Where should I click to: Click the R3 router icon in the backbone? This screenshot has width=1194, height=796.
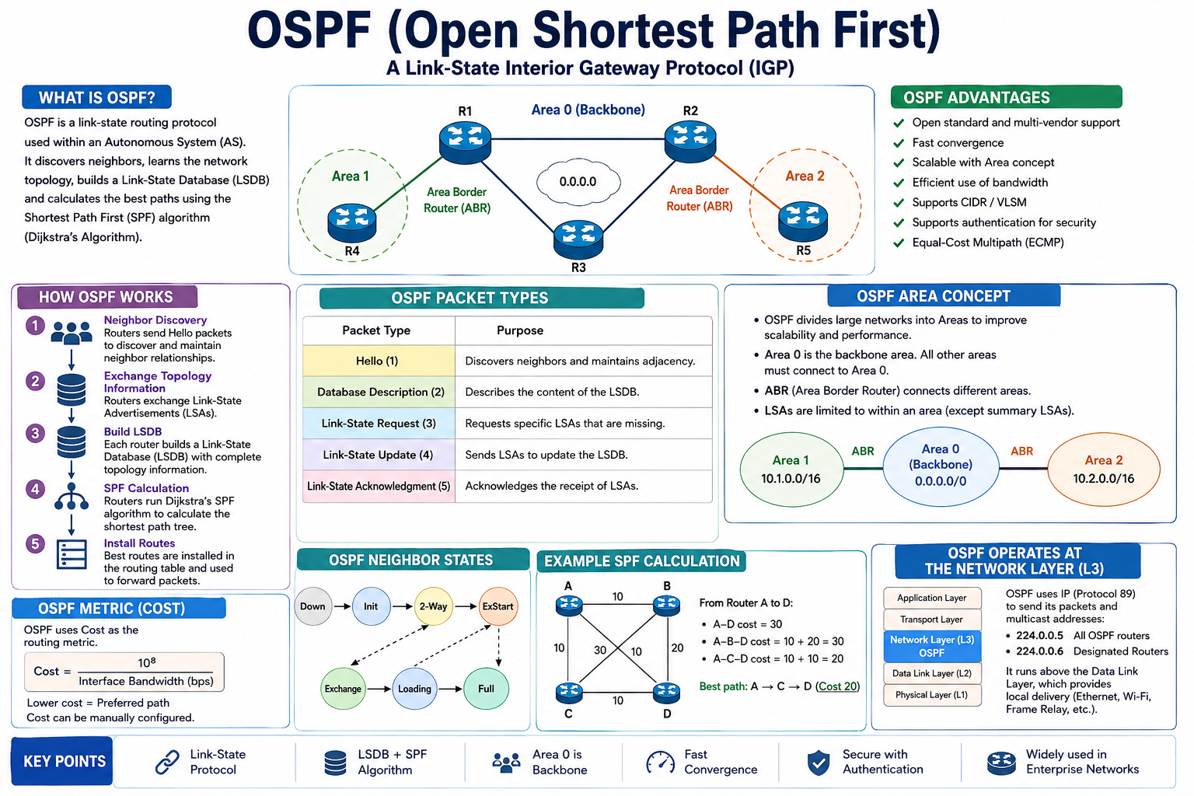point(578,239)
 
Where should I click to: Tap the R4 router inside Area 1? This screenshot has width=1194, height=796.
point(352,223)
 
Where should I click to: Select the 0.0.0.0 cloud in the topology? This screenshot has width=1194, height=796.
point(578,181)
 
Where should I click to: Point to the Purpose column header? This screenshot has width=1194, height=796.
point(520,330)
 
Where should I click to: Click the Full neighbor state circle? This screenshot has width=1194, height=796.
point(486,688)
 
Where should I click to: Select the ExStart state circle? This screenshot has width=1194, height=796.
point(497,606)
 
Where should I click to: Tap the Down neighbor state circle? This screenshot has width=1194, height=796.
point(313,606)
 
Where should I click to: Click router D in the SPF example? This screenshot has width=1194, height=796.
point(666,692)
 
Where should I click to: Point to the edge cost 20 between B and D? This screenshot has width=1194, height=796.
point(677,648)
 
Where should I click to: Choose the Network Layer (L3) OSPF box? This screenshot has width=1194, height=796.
point(932,646)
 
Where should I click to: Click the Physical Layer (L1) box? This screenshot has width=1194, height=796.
point(932,695)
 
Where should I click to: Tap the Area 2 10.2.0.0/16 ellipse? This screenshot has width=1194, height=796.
point(1103,470)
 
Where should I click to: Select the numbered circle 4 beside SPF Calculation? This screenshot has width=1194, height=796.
point(35,489)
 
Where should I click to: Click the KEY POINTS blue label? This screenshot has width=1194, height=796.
point(62,761)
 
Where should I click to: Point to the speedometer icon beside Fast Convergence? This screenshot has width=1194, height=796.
point(661,763)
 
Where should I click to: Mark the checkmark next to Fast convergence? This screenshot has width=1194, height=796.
point(899,143)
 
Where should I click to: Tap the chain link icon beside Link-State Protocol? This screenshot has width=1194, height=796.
point(167,762)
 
